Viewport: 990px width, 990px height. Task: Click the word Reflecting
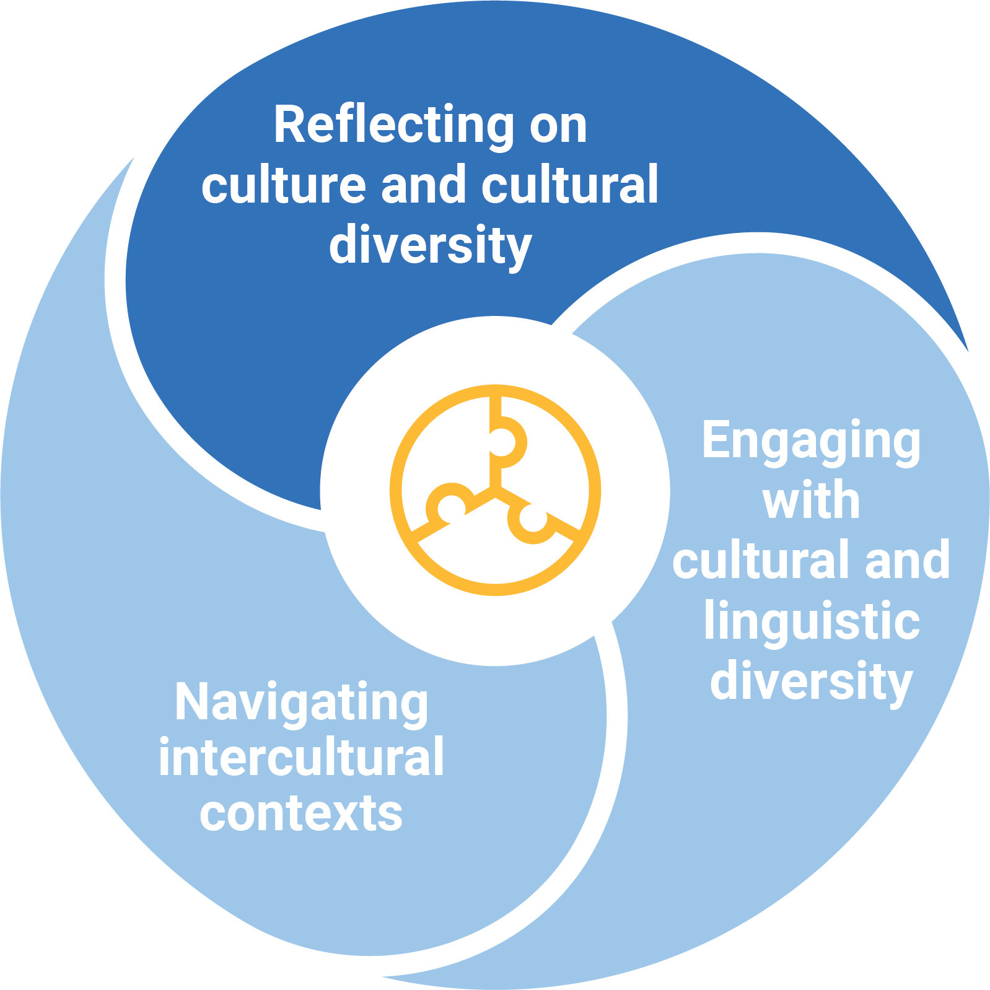coord(394,126)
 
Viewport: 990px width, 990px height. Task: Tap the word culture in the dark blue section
coord(284,186)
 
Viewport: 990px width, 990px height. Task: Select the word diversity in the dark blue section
coord(430,246)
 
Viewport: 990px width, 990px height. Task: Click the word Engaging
coord(811,441)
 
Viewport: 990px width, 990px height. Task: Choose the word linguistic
coord(811,621)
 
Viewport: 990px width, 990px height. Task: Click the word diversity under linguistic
coord(811,681)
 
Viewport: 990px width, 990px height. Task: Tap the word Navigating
coord(302,703)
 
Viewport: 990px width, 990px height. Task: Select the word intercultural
coord(302,757)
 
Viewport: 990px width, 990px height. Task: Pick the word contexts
coord(302,813)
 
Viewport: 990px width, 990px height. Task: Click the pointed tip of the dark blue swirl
coord(966,349)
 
